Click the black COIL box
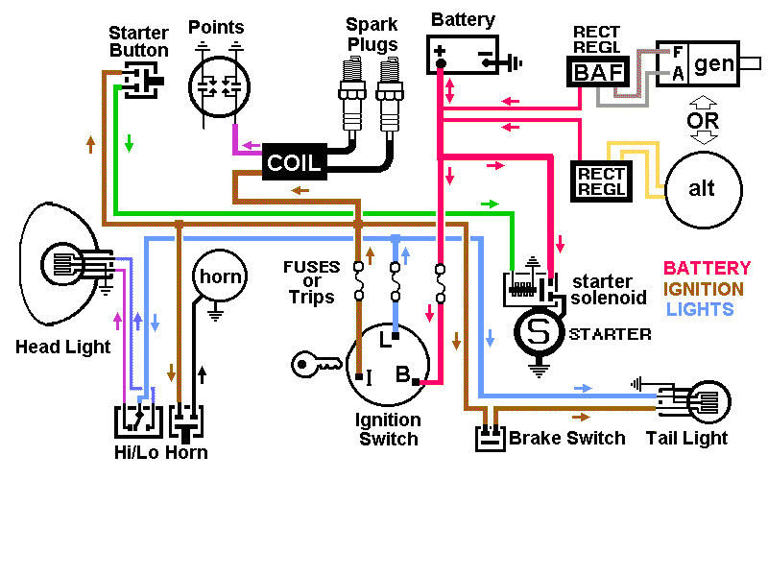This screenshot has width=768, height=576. point(295,162)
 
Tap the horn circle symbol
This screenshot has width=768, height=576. point(220,277)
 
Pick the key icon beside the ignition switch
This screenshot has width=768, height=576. point(316,363)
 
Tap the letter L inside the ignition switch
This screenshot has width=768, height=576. point(385,339)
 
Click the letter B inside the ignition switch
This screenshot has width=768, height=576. point(404,373)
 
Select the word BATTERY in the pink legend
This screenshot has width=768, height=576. point(707,268)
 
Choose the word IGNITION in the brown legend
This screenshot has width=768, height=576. point(704,288)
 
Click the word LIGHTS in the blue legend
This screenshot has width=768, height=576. point(700,308)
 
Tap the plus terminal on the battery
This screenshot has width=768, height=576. point(441,50)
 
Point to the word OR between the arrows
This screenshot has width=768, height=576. point(703,121)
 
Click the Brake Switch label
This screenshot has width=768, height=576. point(566,438)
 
